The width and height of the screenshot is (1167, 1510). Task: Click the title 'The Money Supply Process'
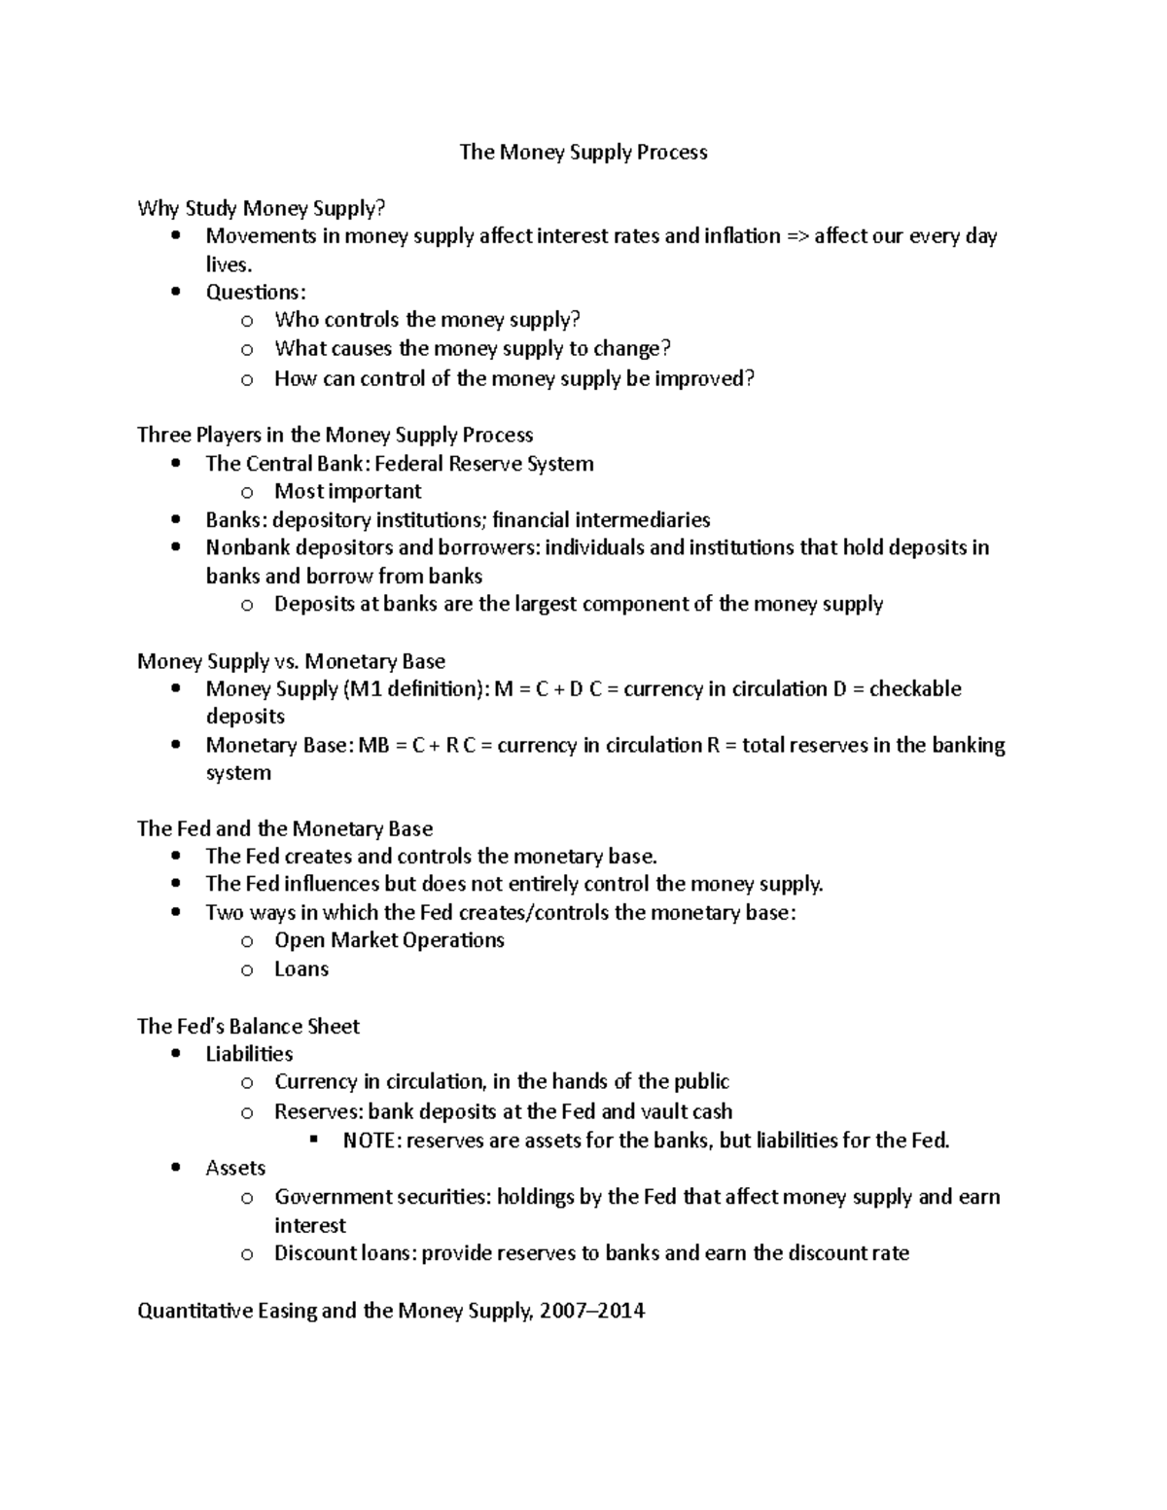click(583, 152)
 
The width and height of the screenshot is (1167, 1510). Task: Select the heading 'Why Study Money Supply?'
click(262, 208)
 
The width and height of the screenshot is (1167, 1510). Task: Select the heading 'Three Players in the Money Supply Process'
click(335, 435)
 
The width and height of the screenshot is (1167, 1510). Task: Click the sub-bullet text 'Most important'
click(348, 491)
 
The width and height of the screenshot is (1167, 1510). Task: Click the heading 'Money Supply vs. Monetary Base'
click(291, 661)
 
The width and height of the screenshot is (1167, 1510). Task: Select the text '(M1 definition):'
click(415, 689)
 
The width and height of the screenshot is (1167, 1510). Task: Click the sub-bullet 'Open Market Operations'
click(389, 940)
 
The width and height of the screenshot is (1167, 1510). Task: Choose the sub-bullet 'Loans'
click(301, 969)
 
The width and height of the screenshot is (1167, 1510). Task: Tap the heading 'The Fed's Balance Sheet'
click(248, 1026)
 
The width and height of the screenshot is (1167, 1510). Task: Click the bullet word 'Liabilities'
click(249, 1054)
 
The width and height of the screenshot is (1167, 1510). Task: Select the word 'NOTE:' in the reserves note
click(371, 1141)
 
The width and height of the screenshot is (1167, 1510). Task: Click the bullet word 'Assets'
click(235, 1168)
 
